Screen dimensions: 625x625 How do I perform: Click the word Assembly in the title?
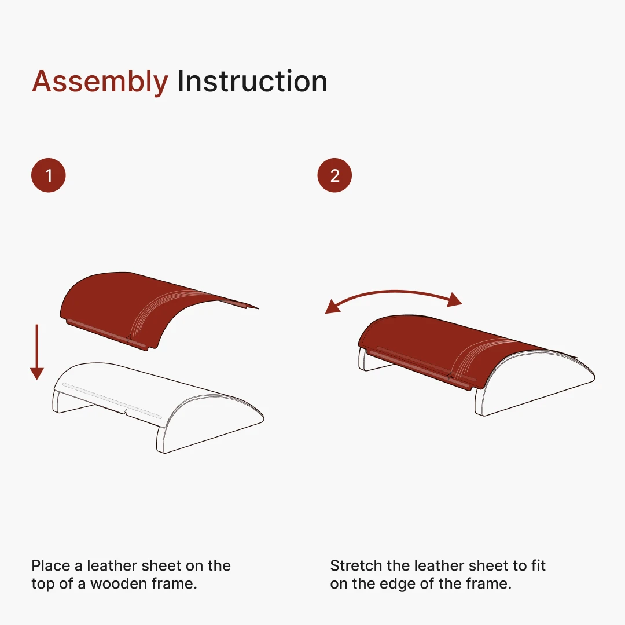tap(100, 82)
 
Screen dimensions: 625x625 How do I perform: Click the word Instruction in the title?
tap(252, 82)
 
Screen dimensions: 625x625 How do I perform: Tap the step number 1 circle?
tap(49, 175)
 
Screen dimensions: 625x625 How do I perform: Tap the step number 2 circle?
tap(335, 175)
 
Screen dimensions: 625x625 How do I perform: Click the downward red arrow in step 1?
tap(37, 352)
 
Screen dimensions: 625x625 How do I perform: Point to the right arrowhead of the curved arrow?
tap(455, 299)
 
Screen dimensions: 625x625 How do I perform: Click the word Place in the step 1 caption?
tap(52, 565)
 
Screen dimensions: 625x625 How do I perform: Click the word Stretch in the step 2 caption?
tap(356, 565)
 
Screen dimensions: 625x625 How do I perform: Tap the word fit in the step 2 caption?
tap(539, 565)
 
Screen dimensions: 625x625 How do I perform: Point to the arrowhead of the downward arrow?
tap(37, 374)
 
